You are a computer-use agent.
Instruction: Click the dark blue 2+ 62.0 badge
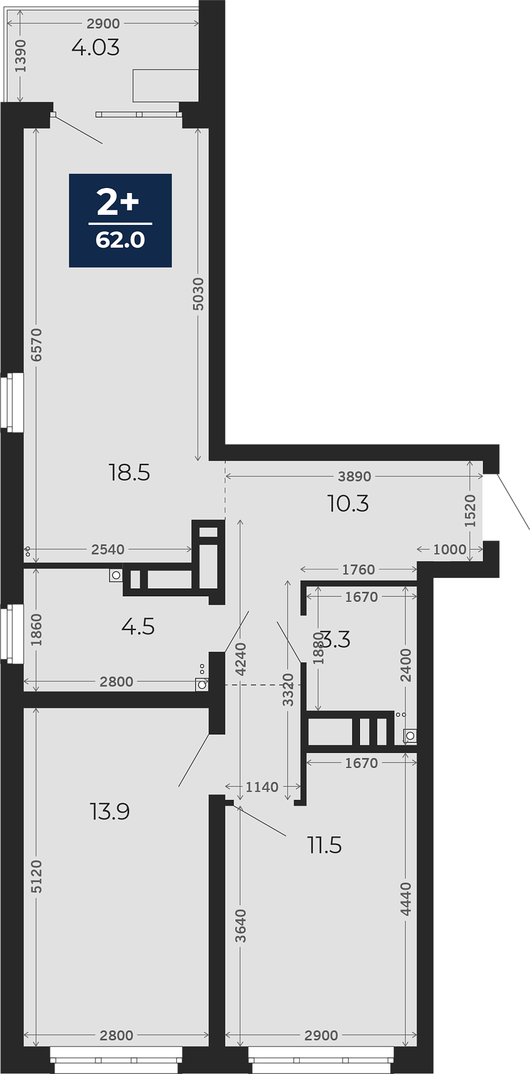(x=120, y=220)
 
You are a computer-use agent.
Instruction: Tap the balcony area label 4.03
(x=96, y=48)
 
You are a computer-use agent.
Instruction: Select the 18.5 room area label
(x=129, y=473)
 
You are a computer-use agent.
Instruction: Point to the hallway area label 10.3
(x=348, y=503)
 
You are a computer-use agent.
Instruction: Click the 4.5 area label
(x=138, y=626)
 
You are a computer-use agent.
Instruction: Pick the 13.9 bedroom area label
(x=110, y=811)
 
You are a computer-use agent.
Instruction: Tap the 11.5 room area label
(x=324, y=845)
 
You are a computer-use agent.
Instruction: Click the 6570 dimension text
(x=36, y=345)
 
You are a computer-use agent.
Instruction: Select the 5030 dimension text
(x=198, y=294)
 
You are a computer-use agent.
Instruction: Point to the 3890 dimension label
(x=354, y=477)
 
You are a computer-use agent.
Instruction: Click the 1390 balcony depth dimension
(x=21, y=56)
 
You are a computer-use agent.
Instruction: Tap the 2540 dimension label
(x=108, y=549)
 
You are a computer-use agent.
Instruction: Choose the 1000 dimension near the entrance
(x=449, y=549)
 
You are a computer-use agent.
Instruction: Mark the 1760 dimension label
(x=358, y=569)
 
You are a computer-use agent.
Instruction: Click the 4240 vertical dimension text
(x=240, y=660)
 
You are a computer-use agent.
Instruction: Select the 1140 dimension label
(x=262, y=787)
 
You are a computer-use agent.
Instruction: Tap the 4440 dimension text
(x=406, y=899)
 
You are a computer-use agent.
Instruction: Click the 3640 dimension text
(x=240, y=926)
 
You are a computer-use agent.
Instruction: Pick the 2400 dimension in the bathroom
(x=406, y=665)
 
